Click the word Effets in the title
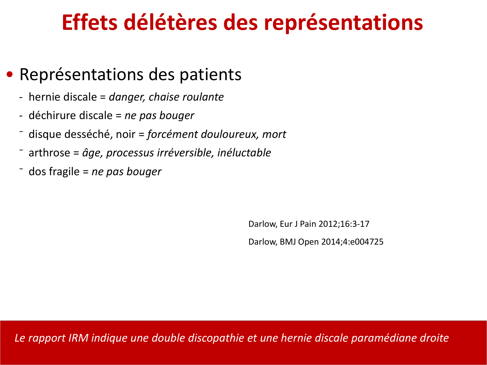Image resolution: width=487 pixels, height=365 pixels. pos(90,22)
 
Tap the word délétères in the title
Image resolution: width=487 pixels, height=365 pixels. pos(170,22)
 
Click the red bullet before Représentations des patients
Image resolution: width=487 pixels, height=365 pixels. pos(9,75)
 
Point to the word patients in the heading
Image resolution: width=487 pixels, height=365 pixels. pos(210,75)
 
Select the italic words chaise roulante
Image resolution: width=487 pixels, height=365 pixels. pos(186,97)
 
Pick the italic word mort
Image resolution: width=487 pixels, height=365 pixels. pos(274,135)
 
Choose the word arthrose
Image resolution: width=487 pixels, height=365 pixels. pos(49,153)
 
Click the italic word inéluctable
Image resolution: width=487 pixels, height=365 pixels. pos(244,153)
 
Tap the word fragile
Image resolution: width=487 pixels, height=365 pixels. pos(64,172)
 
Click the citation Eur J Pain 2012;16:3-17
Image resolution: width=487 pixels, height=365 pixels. pos(325,224)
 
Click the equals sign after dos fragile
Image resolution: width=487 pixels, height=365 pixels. pos(86,172)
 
